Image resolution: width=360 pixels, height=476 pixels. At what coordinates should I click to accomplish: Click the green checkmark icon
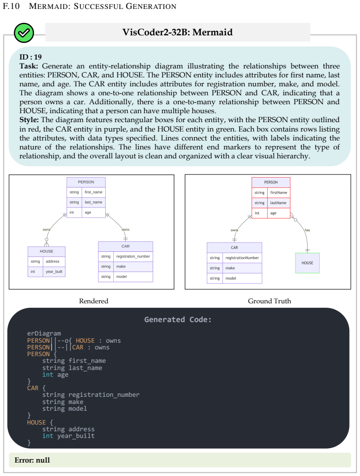click(24, 33)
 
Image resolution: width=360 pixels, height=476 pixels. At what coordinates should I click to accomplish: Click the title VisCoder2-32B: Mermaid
click(177, 32)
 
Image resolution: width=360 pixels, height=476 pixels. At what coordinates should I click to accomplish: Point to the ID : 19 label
click(30, 57)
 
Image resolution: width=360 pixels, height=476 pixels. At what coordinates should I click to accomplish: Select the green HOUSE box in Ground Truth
click(307, 263)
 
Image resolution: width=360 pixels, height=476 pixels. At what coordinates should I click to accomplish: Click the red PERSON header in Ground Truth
click(271, 182)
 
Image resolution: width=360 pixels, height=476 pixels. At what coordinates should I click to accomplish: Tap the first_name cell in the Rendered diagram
click(94, 192)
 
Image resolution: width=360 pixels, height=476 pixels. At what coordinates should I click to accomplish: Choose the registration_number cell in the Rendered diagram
click(133, 256)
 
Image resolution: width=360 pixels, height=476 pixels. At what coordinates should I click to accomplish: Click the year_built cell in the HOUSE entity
click(54, 272)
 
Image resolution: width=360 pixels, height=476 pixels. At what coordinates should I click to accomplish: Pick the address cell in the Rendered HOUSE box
click(52, 261)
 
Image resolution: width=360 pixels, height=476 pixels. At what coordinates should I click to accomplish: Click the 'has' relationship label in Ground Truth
click(308, 230)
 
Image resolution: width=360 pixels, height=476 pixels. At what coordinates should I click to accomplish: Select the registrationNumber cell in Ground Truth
click(242, 258)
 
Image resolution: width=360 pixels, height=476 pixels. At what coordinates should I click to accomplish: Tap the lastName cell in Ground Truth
click(278, 203)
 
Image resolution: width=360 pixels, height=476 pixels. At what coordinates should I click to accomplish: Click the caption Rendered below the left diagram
click(94, 301)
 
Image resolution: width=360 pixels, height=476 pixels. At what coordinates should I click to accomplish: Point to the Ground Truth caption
click(270, 301)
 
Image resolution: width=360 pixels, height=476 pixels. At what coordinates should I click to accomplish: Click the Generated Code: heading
click(178, 320)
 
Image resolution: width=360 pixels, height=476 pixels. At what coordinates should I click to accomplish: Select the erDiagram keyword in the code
click(44, 334)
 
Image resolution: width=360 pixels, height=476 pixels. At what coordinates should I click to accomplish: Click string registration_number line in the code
click(91, 395)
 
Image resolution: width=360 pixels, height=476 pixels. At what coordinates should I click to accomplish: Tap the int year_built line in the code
click(69, 436)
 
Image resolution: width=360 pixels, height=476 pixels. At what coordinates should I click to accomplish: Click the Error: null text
click(32, 460)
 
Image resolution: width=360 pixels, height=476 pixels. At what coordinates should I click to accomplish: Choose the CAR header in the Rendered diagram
click(125, 246)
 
